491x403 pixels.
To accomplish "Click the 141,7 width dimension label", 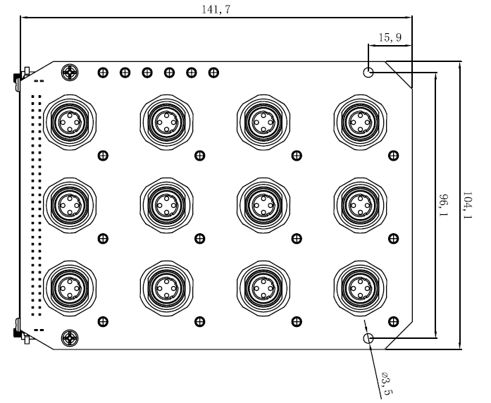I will (216, 8).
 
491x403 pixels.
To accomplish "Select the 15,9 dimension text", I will (390, 38).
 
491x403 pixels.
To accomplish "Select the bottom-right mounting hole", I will (368, 340).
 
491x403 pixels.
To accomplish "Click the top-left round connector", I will (69, 120).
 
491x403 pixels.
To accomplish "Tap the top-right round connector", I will (359, 120).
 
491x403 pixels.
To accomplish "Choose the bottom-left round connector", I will (69, 287).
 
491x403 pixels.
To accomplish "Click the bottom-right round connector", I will (359, 287).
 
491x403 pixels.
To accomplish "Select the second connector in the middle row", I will (166, 204).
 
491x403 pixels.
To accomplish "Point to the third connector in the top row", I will (262, 120).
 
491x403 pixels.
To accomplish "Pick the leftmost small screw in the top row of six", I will (103, 72).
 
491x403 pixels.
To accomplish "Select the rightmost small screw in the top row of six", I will (213, 72).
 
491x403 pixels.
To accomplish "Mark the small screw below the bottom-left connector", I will (104, 321).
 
